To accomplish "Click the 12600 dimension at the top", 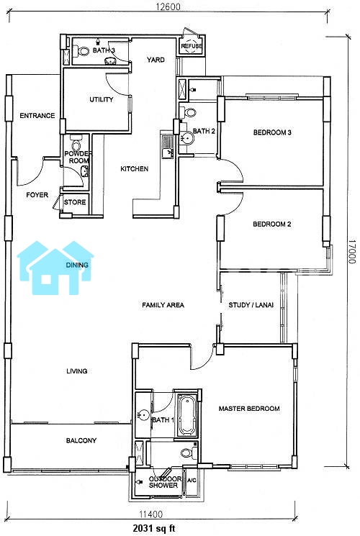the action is click(168, 6).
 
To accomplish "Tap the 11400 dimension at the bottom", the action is click(151, 514).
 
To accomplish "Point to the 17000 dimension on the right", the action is click(352, 251).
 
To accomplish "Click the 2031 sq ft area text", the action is click(154, 529).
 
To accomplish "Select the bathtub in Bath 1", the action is click(186, 414).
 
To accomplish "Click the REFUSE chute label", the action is click(192, 46).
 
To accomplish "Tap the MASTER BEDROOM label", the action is click(249, 409).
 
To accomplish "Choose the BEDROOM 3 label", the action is click(272, 132).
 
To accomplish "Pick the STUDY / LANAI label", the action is click(251, 305).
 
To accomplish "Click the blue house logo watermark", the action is click(55, 268).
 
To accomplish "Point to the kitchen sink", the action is click(167, 147).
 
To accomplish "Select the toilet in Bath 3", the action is click(83, 51).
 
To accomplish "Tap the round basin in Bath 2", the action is click(187, 138).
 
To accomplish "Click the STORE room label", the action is click(75, 202).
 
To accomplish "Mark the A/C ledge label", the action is click(192, 481).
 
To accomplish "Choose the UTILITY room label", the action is click(102, 99).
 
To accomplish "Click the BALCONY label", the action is click(81, 440).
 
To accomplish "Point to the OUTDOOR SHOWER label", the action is click(165, 482).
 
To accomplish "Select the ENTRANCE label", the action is click(37, 116).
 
